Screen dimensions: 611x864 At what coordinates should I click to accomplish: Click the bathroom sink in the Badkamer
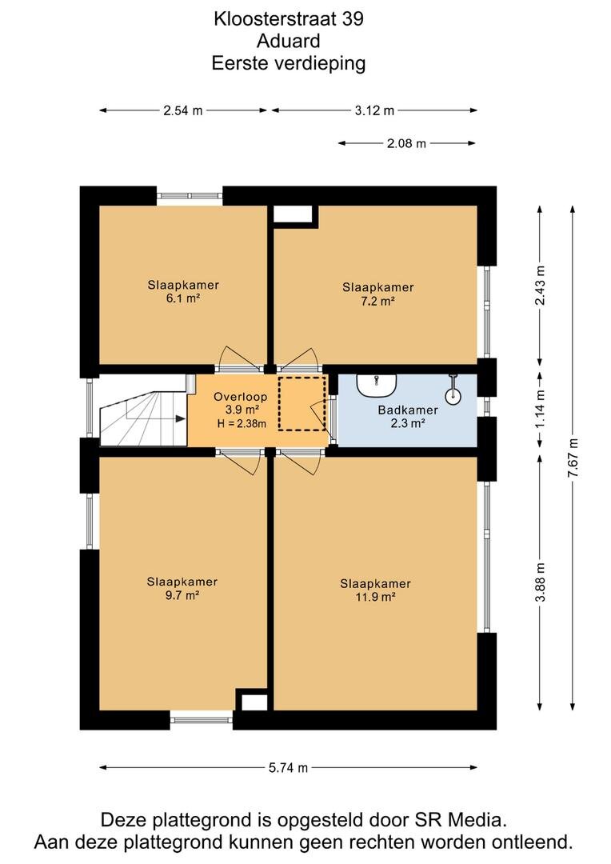click(x=377, y=385)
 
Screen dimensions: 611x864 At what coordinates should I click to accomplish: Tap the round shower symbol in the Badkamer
click(x=453, y=394)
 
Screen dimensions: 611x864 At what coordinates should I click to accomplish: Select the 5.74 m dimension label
click(x=288, y=767)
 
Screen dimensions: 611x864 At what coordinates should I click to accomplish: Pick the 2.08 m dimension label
click(x=406, y=143)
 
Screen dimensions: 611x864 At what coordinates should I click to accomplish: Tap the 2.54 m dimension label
click(x=183, y=110)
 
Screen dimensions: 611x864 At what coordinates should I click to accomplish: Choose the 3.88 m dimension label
click(x=541, y=582)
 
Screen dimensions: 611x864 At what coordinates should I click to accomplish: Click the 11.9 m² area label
click(x=376, y=598)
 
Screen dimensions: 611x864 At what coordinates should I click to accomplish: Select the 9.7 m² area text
click(x=182, y=595)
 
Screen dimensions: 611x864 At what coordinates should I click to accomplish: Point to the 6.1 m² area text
click(x=183, y=298)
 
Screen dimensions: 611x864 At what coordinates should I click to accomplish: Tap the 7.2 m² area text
click(x=378, y=301)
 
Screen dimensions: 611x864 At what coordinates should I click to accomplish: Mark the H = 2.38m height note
click(x=242, y=423)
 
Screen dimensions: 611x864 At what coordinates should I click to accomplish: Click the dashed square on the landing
click(x=302, y=404)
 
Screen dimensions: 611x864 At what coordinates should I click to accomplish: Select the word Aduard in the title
click(x=288, y=41)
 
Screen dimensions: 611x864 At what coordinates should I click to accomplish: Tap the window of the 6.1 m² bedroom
click(x=190, y=196)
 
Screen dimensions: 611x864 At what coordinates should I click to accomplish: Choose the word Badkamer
click(x=408, y=410)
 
